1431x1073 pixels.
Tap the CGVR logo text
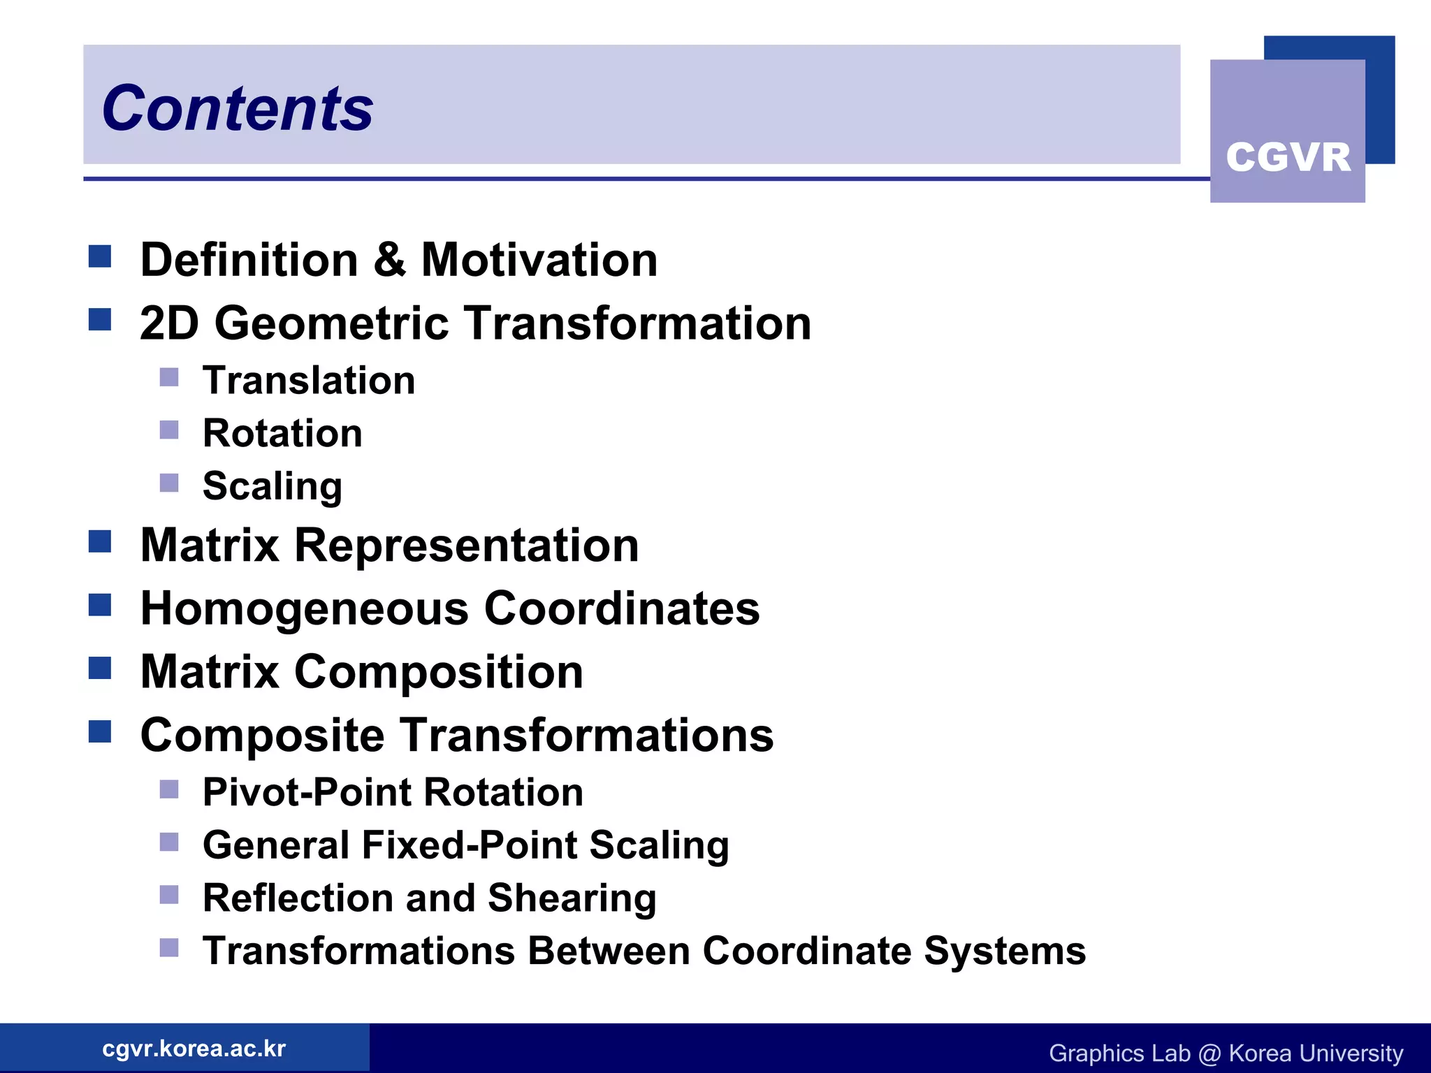(x=1288, y=156)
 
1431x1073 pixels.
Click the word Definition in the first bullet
(x=249, y=260)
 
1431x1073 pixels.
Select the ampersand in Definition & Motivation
(x=389, y=260)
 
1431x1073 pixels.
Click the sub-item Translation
(x=309, y=381)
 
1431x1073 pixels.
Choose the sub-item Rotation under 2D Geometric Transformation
(x=282, y=433)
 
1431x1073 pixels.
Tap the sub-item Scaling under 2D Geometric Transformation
(x=273, y=486)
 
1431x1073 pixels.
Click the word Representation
(x=466, y=545)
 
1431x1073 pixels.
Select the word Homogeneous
(x=304, y=608)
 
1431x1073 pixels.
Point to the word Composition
(x=438, y=672)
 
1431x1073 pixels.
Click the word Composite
(x=262, y=736)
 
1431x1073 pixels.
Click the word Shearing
(x=572, y=898)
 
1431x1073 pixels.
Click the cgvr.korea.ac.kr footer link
(x=194, y=1049)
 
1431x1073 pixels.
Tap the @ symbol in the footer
(x=1209, y=1053)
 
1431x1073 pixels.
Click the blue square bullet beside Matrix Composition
(x=100, y=669)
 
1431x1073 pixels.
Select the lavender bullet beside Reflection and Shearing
(x=169, y=895)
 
